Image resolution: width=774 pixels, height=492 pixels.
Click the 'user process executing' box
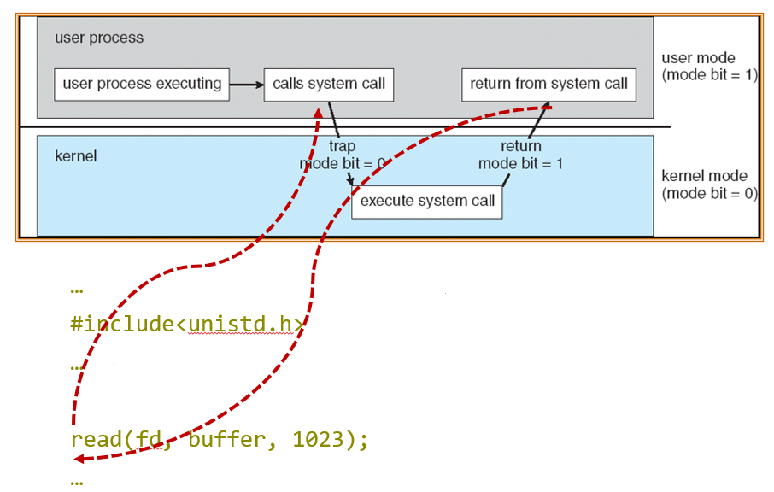(x=142, y=84)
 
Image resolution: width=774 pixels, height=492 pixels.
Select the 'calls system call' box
(x=329, y=84)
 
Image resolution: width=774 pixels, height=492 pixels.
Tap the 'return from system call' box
(x=548, y=84)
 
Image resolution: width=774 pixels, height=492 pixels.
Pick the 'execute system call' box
(x=427, y=202)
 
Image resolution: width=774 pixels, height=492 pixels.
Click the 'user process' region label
(x=99, y=38)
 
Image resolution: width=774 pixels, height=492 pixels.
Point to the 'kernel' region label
(x=76, y=156)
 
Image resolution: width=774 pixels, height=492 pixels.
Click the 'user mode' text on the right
(x=698, y=58)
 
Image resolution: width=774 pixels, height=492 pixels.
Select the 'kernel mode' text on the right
(x=704, y=176)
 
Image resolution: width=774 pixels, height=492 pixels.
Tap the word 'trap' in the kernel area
(x=342, y=146)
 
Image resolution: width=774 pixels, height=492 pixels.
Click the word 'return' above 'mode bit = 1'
(x=520, y=146)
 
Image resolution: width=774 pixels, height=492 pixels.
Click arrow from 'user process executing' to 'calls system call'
(x=247, y=85)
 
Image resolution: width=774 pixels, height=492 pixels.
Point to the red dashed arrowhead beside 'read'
(x=79, y=460)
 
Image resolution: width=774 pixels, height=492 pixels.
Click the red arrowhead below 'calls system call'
(x=318, y=113)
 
